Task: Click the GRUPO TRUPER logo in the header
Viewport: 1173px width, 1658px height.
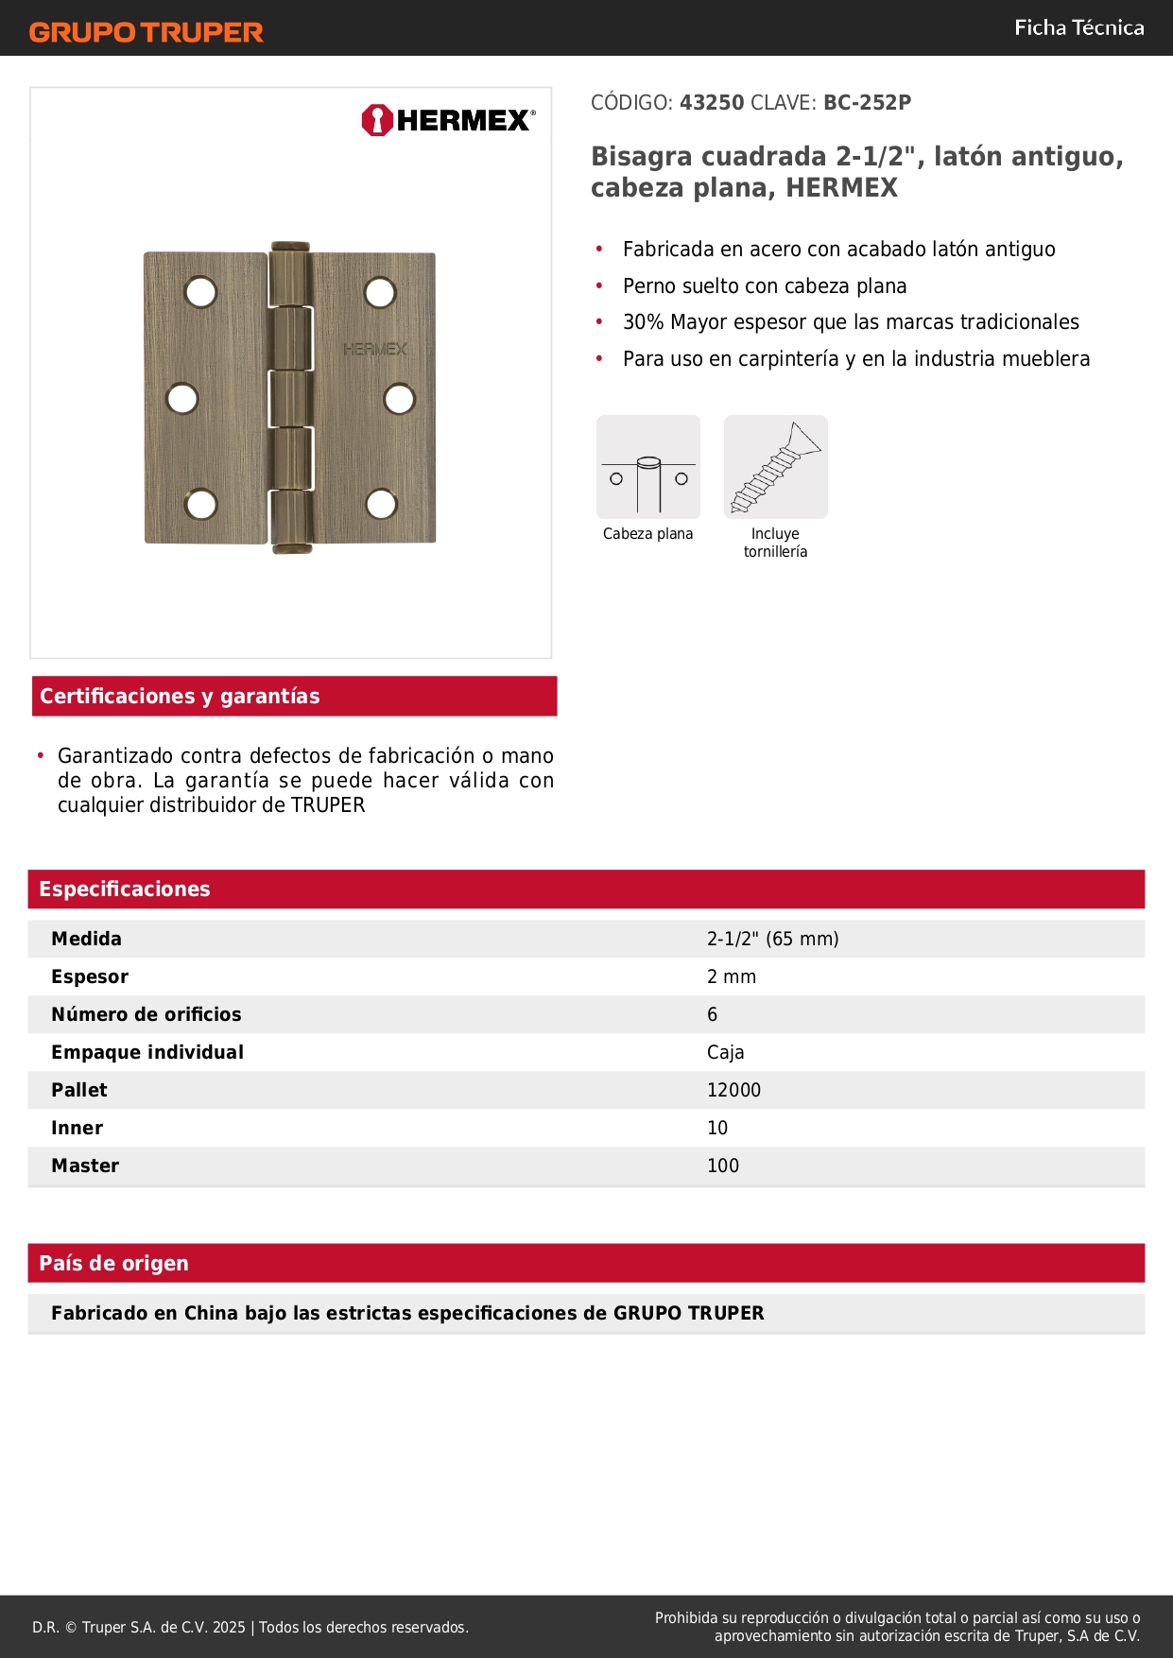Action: (146, 32)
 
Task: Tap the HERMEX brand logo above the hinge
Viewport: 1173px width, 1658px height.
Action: (448, 120)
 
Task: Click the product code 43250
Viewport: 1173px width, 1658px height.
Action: (712, 103)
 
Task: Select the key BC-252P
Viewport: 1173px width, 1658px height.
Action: (867, 103)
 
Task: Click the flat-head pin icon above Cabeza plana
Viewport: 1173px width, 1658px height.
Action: (648, 467)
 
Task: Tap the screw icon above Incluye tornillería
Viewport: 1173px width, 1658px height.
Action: (775, 467)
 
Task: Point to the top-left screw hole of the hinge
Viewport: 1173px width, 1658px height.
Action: (201, 292)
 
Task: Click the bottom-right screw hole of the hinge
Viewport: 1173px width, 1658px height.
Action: (381, 504)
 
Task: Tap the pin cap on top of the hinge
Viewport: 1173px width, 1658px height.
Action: (290, 247)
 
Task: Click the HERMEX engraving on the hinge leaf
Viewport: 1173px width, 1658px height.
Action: (375, 349)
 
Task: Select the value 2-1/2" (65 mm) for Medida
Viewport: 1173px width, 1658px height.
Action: (772, 939)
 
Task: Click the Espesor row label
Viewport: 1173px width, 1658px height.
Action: (90, 976)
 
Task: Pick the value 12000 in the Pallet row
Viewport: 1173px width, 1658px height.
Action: (733, 1090)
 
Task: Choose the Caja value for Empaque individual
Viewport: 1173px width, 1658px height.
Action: (725, 1052)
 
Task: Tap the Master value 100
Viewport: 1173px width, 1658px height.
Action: (723, 1166)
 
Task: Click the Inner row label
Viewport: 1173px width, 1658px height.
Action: (77, 1128)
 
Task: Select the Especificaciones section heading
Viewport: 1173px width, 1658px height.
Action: (125, 889)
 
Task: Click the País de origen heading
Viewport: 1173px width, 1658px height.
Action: (113, 1263)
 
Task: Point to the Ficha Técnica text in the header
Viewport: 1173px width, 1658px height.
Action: (1078, 27)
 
